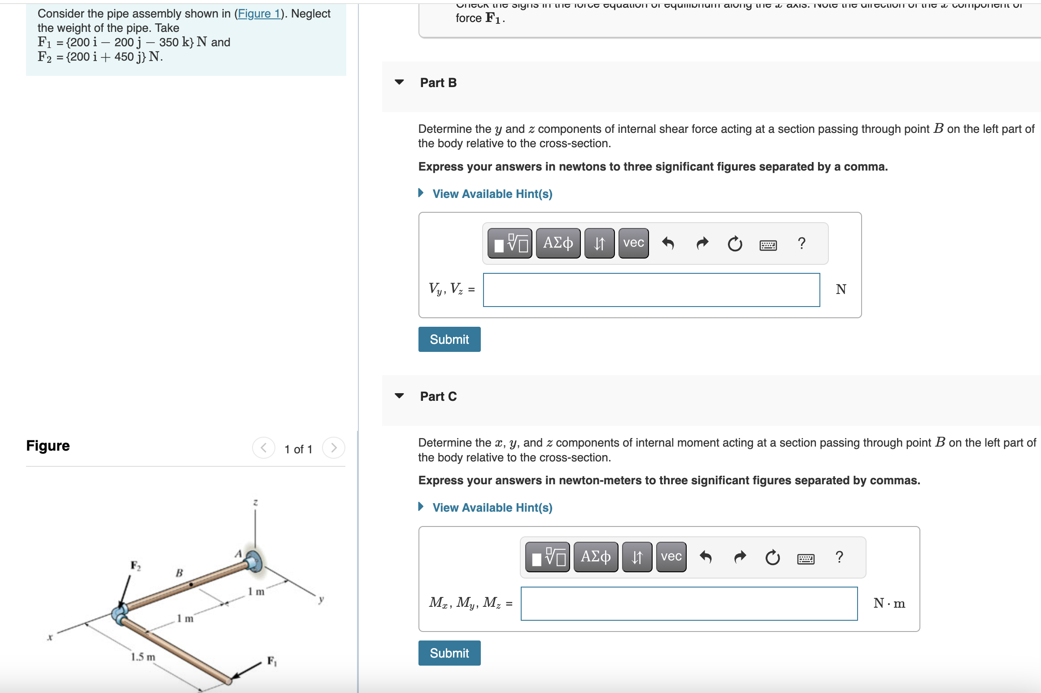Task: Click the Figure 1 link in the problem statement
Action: click(x=259, y=14)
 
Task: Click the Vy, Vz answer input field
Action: click(x=651, y=290)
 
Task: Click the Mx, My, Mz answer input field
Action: click(x=688, y=604)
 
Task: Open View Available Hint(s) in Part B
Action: click(x=492, y=194)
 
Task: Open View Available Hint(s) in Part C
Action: click(x=492, y=508)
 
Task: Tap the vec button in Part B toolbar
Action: click(x=633, y=243)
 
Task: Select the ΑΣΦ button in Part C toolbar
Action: click(x=596, y=557)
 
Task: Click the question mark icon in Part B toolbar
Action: click(x=801, y=243)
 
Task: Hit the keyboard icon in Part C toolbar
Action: click(x=806, y=559)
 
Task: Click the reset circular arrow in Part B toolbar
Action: click(x=735, y=244)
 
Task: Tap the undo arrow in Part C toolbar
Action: click(x=706, y=557)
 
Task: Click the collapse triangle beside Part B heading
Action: click(x=399, y=82)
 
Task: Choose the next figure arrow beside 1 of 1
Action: click(x=333, y=448)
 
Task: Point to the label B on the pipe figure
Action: click(x=179, y=573)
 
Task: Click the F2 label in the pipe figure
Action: click(x=135, y=566)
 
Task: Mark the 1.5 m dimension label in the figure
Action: click(x=143, y=657)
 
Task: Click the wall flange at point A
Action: click(x=254, y=561)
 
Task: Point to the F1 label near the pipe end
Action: click(x=272, y=661)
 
